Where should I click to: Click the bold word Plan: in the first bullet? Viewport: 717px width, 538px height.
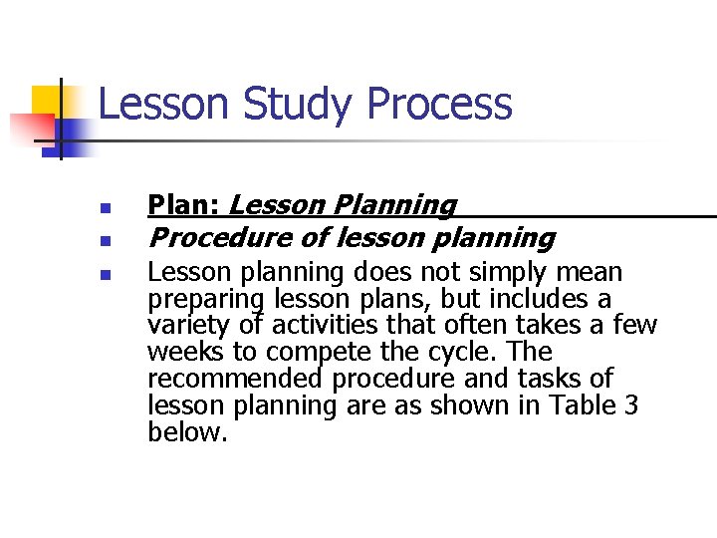point(184,205)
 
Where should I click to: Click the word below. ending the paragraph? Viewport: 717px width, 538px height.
point(187,432)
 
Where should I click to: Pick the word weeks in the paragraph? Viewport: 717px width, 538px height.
point(180,352)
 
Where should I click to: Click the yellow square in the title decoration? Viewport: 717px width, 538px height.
point(46,100)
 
